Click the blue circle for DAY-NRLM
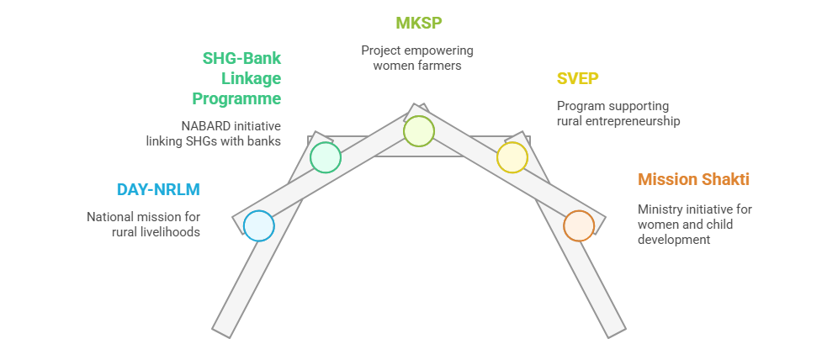[x=259, y=225]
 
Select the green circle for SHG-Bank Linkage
[x=326, y=157]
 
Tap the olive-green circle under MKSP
[x=418, y=131]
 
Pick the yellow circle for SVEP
[x=512, y=157]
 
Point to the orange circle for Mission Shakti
[x=579, y=225]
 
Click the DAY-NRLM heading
[x=158, y=189]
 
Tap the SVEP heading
[x=577, y=79]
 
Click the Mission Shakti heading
[x=693, y=179]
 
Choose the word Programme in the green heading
[x=236, y=98]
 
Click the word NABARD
[x=200, y=124]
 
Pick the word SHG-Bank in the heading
[x=241, y=59]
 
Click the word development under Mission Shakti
[x=674, y=240]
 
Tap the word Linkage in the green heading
[x=251, y=79]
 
